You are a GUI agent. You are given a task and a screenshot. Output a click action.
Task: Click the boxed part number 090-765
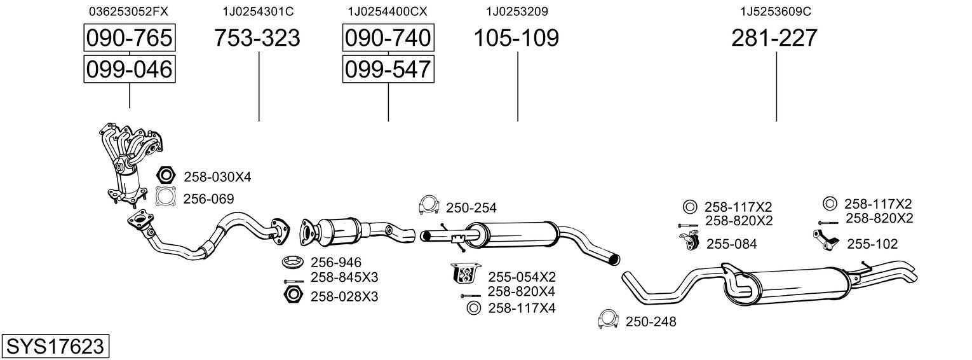pos(130,38)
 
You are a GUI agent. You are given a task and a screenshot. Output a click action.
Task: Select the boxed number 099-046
pos(130,69)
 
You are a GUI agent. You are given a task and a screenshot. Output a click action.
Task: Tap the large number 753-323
pos(257,38)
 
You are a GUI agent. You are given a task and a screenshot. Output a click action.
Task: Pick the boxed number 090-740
pos(388,38)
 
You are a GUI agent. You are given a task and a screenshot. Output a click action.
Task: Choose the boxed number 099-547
pos(388,69)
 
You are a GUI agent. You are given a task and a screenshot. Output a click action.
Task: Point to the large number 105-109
pos(516,38)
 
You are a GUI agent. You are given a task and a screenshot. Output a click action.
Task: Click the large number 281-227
pos(774,38)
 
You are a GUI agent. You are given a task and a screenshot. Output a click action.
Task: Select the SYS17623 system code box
pos(55,347)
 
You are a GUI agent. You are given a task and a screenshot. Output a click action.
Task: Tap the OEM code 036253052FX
pos(129,11)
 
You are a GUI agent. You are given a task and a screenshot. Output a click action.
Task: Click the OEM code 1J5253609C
pos(776,11)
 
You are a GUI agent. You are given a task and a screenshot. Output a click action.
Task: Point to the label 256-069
pos(208,199)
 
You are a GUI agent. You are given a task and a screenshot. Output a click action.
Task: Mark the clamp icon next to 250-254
pos(430,205)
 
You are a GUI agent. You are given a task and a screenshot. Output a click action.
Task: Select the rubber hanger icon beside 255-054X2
pos(464,274)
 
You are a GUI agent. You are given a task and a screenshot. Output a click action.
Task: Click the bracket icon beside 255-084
pos(688,242)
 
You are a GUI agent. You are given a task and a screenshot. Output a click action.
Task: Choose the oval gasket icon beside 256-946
pos(292,261)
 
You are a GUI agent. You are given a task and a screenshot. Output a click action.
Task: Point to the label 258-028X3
pos(344,296)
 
